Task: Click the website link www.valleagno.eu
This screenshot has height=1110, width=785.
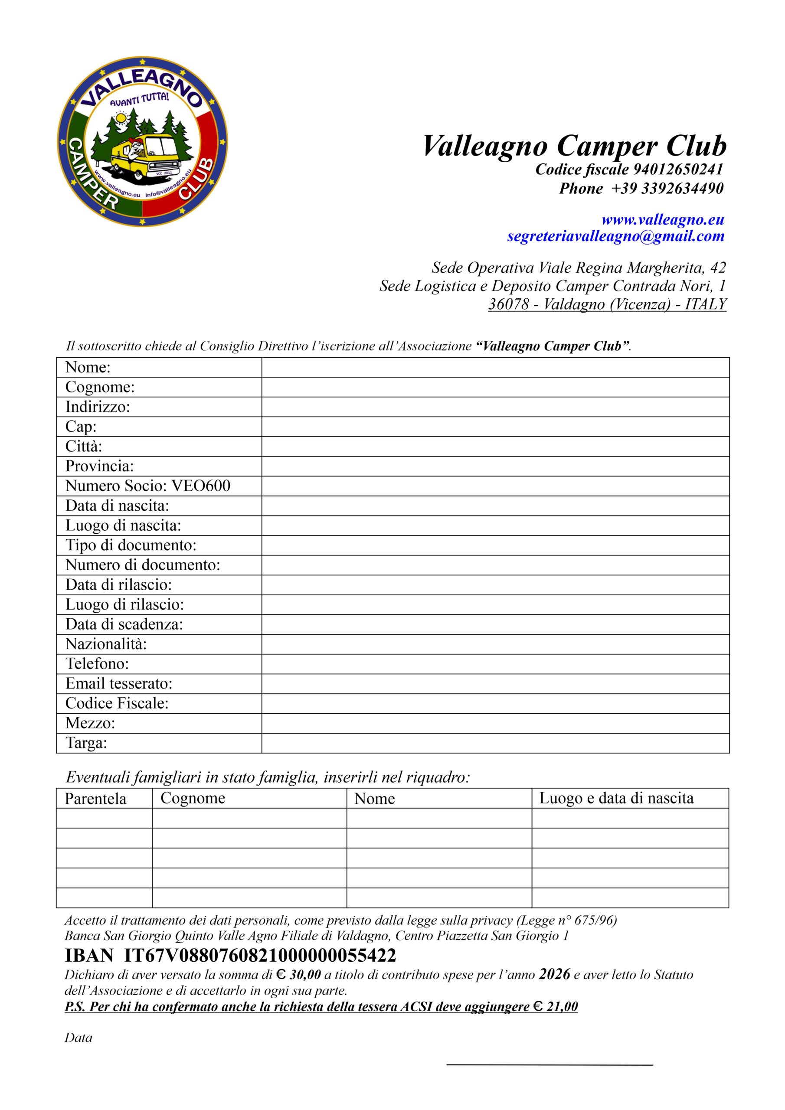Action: (663, 220)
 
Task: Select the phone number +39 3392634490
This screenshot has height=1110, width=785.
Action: (667, 189)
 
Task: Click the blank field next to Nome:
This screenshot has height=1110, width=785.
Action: (495, 367)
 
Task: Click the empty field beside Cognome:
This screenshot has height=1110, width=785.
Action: (495, 387)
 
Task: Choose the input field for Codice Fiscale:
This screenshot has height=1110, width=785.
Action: (495, 703)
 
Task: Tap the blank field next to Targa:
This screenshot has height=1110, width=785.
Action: (495, 743)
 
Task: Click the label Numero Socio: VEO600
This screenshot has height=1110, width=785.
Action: (148, 486)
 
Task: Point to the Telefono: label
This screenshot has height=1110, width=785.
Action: (97, 664)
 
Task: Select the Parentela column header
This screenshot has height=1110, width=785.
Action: (96, 799)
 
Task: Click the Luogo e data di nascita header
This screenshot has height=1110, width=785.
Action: (616, 798)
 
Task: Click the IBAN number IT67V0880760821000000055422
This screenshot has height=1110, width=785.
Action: (260, 955)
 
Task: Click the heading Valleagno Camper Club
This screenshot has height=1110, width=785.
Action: (574, 146)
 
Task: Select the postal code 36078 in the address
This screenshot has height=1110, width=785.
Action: (508, 304)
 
